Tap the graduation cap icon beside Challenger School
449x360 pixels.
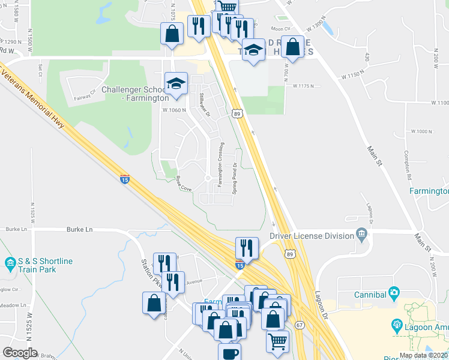pos(176,83)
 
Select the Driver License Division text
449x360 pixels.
pos(312,236)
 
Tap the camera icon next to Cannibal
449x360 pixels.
pos(394,293)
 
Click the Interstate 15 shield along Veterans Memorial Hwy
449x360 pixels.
pos(125,179)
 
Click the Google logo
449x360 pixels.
pos(20,353)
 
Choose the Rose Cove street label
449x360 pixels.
pos(183,184)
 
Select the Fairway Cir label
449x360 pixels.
pos(85,94)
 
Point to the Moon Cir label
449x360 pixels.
pos(280,29)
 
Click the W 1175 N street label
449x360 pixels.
pos(304,86)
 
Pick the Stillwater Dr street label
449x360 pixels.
pos(205,106)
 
